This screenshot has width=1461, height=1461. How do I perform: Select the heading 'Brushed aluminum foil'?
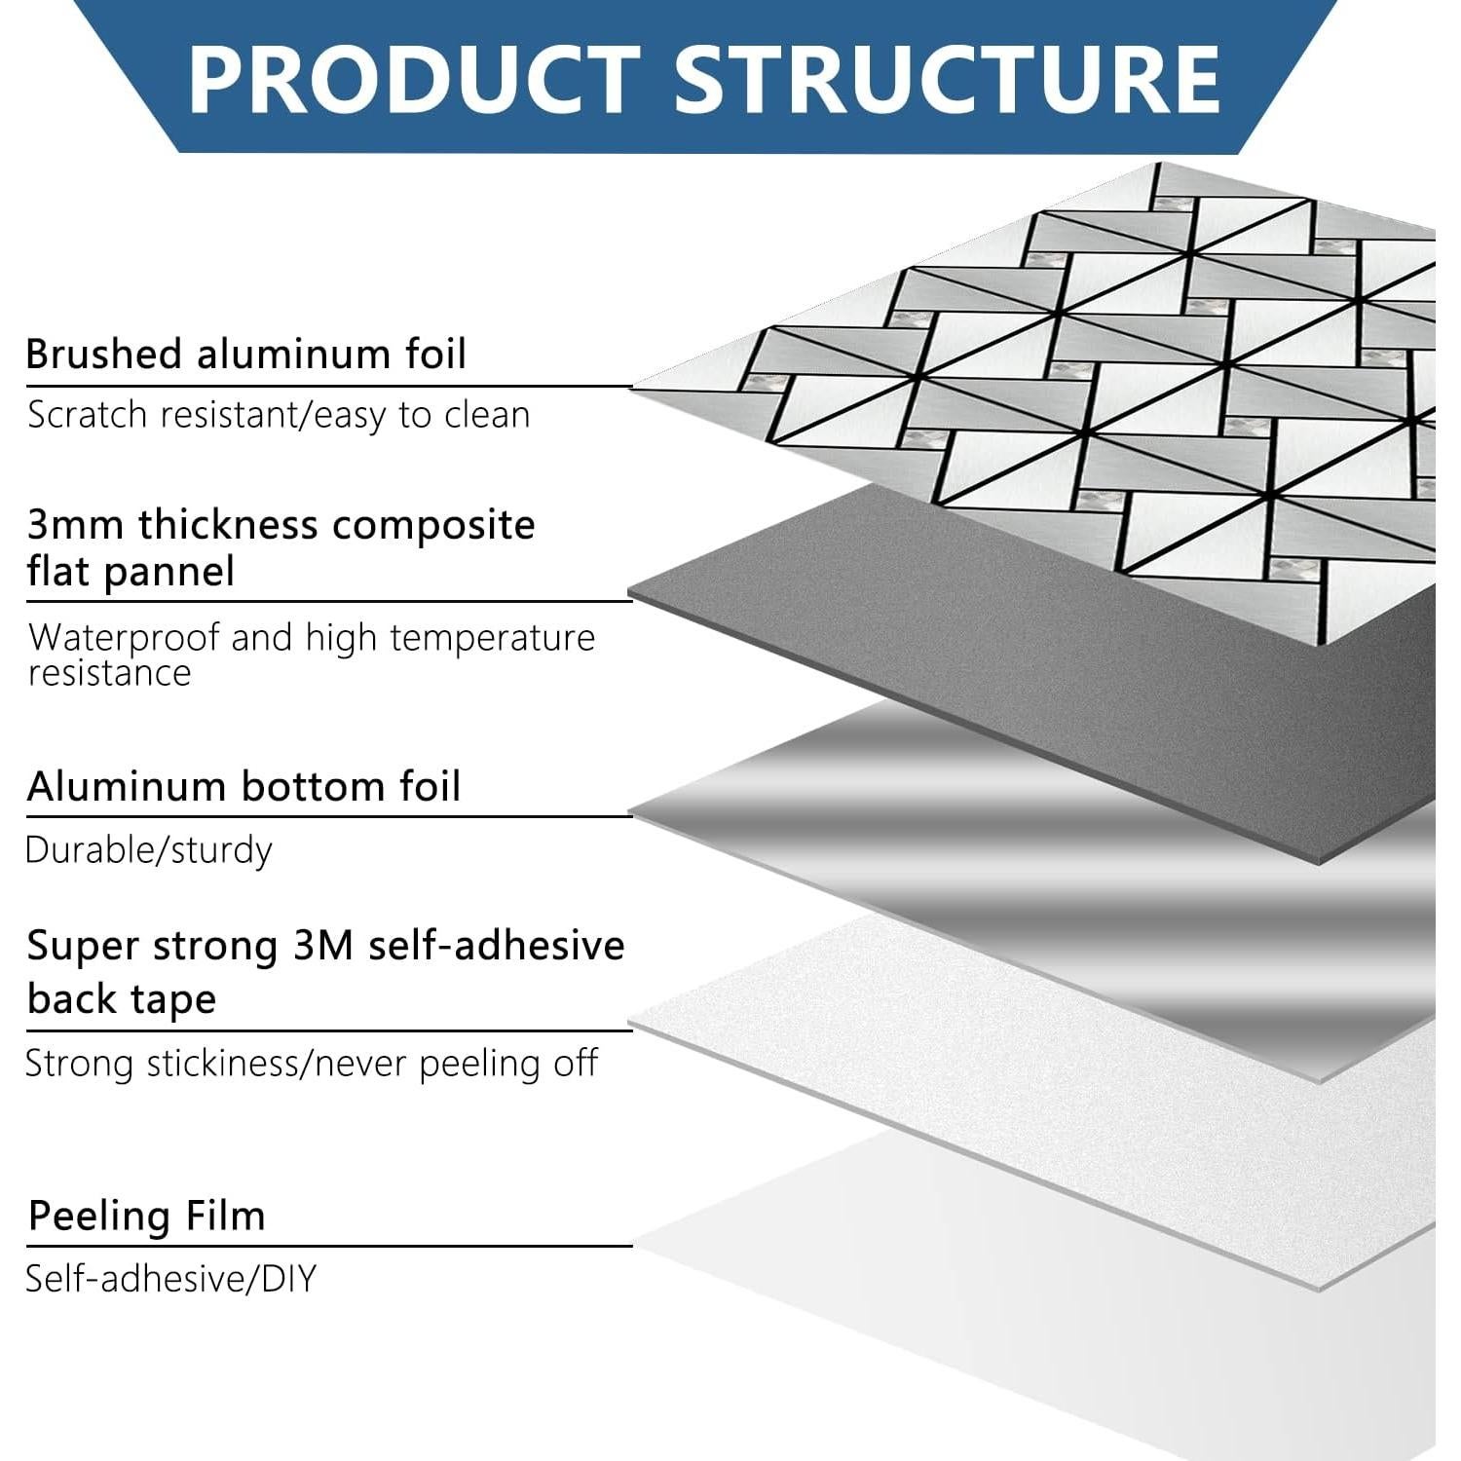coord(246,354)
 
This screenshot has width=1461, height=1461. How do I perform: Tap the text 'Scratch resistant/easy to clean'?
coord(279,415)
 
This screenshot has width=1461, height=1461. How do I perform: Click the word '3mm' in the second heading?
coord(75,525)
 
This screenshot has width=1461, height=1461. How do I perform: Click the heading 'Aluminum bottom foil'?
coord(243,786)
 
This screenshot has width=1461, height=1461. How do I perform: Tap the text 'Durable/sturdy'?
coord(148,850)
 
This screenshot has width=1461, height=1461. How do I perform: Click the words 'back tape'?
coord(122,999)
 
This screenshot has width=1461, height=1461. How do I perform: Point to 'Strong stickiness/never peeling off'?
coord(312,1064)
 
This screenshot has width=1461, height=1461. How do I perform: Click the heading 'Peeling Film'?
coord(147,1217)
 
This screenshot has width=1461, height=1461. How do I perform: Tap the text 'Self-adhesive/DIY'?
coord(171,1279)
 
